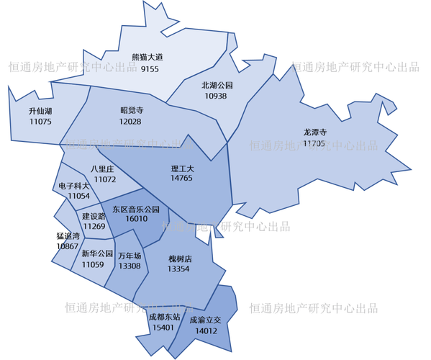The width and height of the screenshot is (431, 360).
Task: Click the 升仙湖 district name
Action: pyautogui.click(x=40, y=111)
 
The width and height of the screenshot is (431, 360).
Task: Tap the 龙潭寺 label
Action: pyautogui.click(x=315, y=132)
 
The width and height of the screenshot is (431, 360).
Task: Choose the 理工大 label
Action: pyautogui.click(x=181, y=167)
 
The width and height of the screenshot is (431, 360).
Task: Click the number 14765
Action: pyautogui.click(x=181, y=177)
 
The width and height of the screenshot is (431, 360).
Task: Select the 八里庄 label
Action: pyautogui.click(x=104, y=168)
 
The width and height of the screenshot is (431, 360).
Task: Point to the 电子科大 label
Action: pyautogui.click(x=74, y=185)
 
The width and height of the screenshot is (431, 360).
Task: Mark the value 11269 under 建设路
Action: pyautogui.click(x=94, y=227)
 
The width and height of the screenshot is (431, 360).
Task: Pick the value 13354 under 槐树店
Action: pyautogui.click(x=179, y=269)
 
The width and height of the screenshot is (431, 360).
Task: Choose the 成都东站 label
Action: pyautogui.click(x=163, y=316)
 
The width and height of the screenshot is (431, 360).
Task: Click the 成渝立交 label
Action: pyautogui.click(x=207, y=320)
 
